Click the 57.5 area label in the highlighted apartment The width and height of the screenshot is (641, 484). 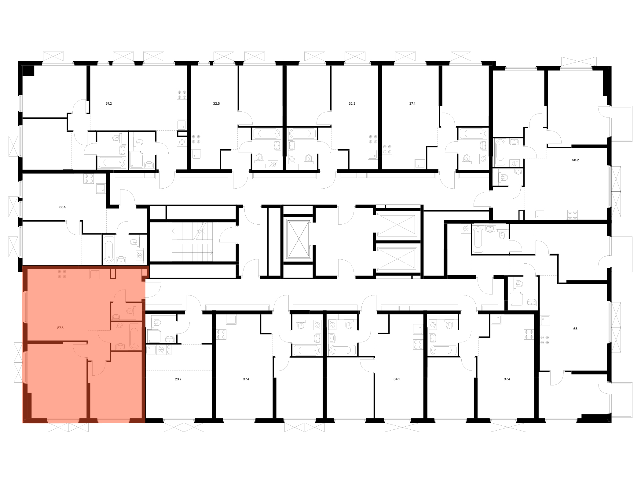point(60,328)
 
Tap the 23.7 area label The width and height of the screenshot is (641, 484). point(178,379)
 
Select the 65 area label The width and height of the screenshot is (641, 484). point(575,329)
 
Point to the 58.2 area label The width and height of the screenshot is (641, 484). point(575,160)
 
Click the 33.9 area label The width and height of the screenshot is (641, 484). point(63,207)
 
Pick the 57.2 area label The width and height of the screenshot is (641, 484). point(108,104)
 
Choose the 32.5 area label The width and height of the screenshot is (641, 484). point(216,104)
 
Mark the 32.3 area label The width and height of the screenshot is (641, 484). point(352,104)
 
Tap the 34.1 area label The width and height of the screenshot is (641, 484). point(397,379)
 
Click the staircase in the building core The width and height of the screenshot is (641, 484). point(192,242)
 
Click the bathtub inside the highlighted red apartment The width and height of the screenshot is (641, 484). point(134,336)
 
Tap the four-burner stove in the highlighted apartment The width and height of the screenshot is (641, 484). point(62,274)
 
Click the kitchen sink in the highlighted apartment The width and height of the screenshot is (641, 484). point(95,274)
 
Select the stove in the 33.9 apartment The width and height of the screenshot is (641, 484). point(89,179)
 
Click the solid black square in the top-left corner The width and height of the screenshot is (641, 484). point(29,70)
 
